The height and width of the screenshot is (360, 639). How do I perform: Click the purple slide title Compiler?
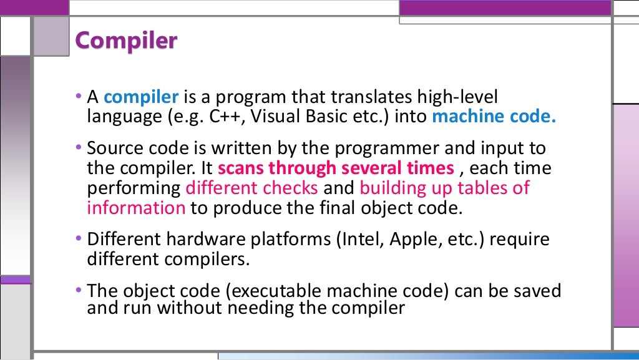(126, 41)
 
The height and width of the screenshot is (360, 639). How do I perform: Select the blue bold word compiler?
(141, 97)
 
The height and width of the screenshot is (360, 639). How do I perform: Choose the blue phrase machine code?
(493, 117)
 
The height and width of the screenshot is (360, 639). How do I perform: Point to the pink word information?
(136, 207)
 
